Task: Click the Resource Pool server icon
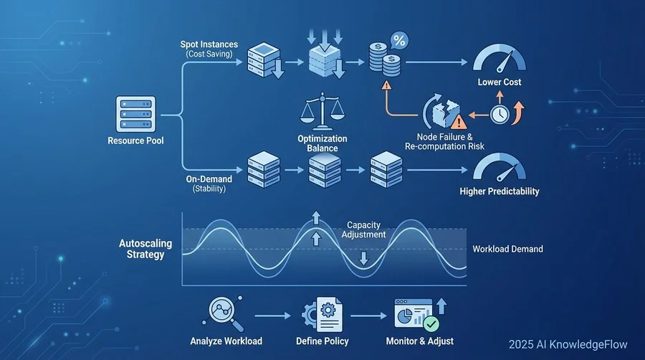point(135,114)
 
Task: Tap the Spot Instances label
point(209,44)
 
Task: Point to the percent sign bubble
point(398,42)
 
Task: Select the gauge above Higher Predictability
point(500,169)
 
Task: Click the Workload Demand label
point(507,249)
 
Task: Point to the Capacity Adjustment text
point(364,229)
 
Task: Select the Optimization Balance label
point(322,143)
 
